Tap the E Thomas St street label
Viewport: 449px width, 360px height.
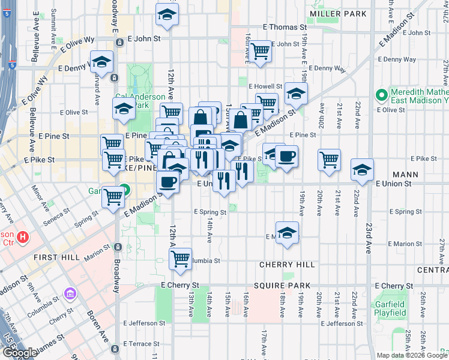[x=285, y=28]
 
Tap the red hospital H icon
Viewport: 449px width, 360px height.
[x=23, y=237]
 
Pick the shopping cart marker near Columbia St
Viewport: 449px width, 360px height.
[x=179, y=259]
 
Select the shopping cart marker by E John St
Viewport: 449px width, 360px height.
[x=260, y=52]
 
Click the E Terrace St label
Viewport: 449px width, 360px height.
[x=142, y=344]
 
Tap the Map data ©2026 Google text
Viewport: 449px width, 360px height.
[x=412, y=355]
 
